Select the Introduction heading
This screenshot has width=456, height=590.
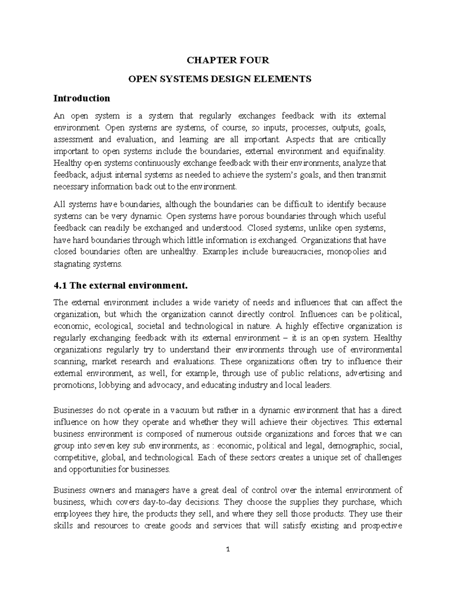82,98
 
